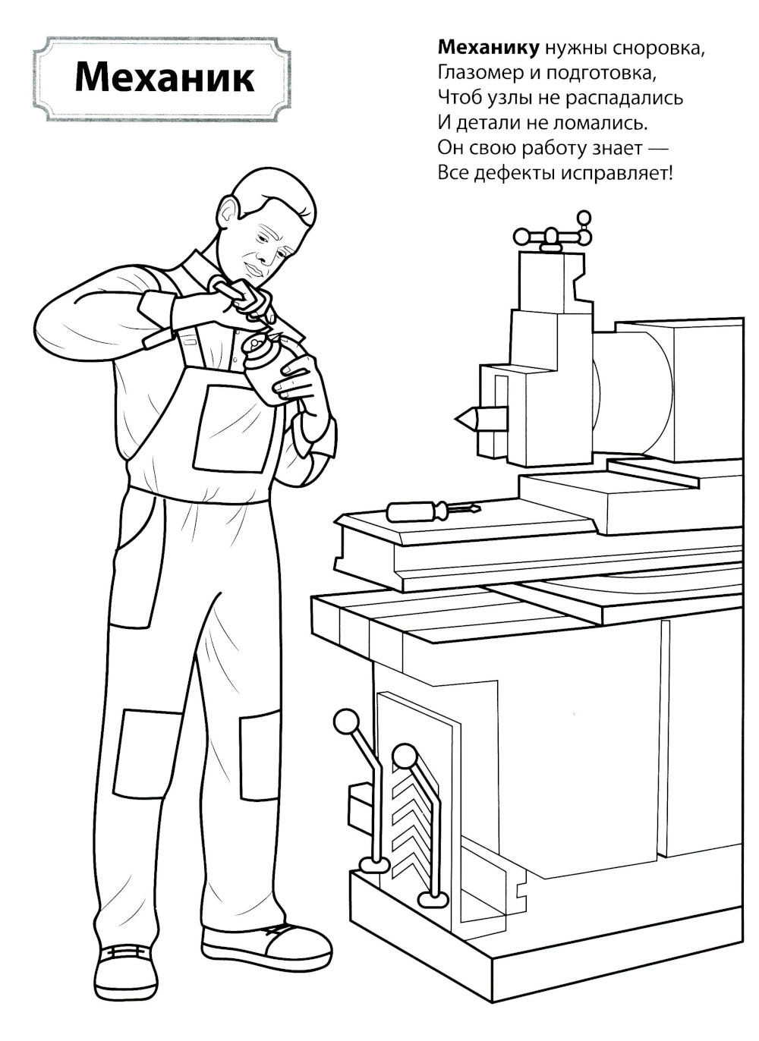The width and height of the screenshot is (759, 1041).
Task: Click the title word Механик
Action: coord(164,77)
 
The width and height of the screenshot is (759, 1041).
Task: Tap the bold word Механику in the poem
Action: coord(489,48)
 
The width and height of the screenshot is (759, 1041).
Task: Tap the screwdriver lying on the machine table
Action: coord(433,511)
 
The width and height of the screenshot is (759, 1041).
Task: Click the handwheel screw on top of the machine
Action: coord(552,235)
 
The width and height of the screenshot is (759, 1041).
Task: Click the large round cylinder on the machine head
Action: coord(633,393)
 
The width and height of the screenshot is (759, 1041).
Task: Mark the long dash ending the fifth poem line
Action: coord(657,149)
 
